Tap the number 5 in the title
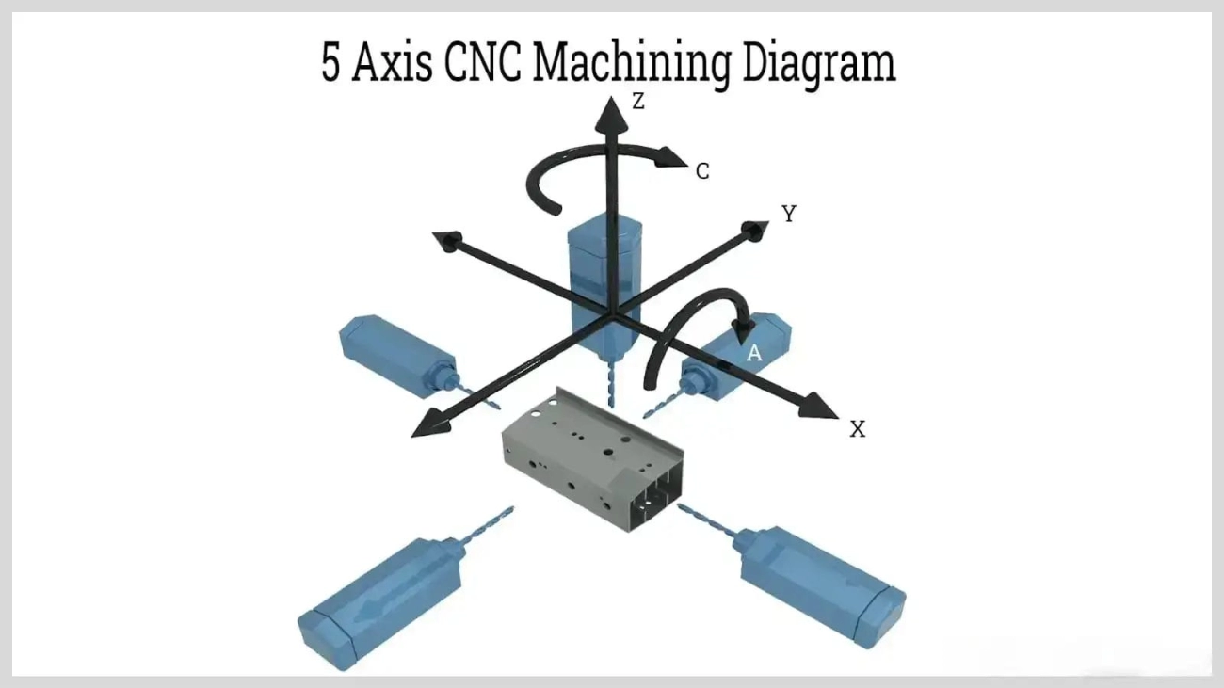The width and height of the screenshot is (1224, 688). [331, 64]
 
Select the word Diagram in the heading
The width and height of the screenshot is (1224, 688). [818, 64]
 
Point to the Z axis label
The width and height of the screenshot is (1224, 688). [638, 102]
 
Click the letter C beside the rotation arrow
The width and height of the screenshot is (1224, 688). [701, 171]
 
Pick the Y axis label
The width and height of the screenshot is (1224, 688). [789, 214]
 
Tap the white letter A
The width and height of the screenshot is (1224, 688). [754, 353]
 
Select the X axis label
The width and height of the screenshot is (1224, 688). [857, 429]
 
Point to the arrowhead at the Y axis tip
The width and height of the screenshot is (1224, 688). [755, 230]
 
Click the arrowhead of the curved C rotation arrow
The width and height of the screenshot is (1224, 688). [674, 157]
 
